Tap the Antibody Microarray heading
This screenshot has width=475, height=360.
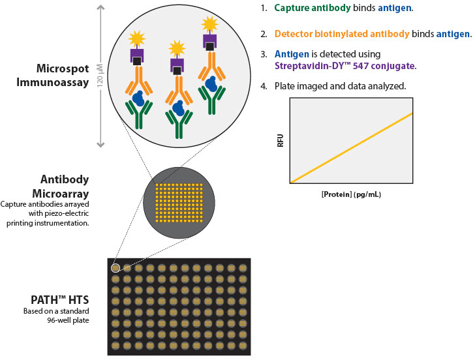click(65, 186)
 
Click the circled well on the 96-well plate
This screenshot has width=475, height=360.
click(115, 267)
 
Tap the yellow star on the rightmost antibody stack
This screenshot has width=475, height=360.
click(209, 25)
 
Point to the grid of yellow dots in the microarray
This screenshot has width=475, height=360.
click(179, 204)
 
